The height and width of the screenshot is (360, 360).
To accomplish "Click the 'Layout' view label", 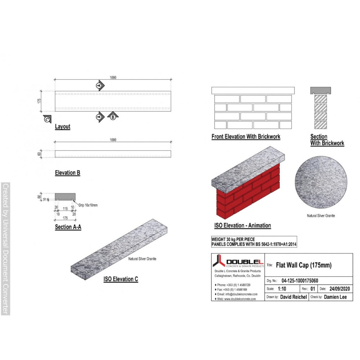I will pos(63,127).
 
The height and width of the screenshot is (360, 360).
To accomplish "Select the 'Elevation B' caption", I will pos(67,173).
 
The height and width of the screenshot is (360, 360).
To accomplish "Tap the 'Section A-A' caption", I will pos(68,227).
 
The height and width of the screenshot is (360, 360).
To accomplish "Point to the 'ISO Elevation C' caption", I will pos(121,279).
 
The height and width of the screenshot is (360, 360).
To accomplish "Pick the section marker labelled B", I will pos(112,116).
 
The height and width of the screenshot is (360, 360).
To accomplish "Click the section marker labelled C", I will pos(47,120).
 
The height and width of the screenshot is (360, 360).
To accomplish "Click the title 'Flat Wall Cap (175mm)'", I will pos(303,266).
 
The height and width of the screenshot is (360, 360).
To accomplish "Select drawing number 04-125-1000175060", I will pos(300,281).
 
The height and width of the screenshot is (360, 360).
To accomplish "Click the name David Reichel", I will pos(294,297).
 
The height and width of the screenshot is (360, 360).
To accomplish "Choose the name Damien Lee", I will pos(335,297).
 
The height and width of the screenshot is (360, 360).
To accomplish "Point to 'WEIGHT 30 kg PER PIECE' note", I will pos(233,239).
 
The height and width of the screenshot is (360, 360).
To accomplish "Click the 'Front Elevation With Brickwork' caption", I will pos(246,137).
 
